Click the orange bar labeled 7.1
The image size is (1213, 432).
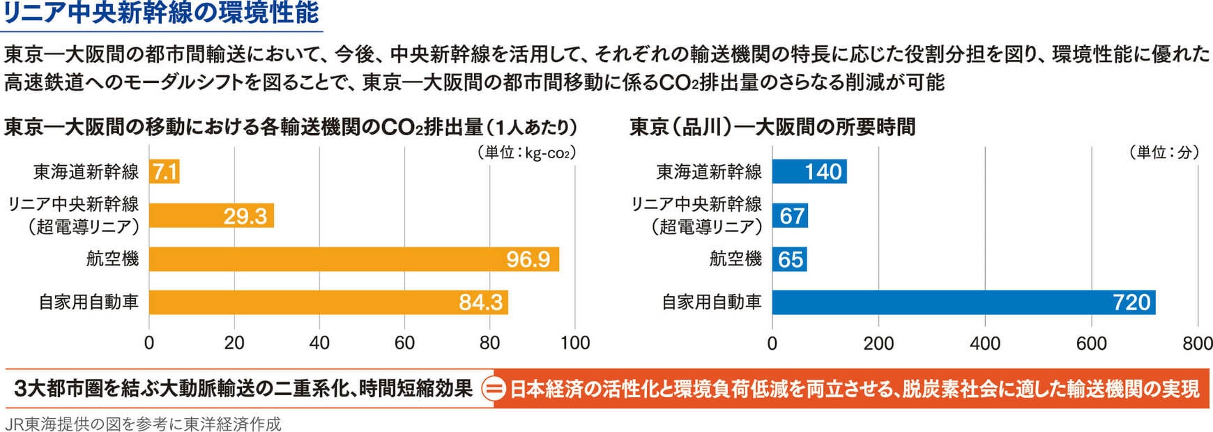[165, 171]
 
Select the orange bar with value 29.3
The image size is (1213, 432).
[211, 215]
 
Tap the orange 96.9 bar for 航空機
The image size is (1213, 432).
[353, 259]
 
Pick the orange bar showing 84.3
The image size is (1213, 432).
[328, 302]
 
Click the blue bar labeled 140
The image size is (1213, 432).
[809, 171]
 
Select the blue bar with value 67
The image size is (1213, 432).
[790, 215]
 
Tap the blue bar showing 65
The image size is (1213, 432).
[789, 259]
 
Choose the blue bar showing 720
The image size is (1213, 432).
[963, 302]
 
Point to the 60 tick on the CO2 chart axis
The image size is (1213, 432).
[404, 343]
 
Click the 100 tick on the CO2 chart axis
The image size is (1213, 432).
[575, 343]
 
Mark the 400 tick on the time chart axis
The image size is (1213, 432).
[985, 343]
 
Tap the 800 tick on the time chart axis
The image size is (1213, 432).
[1198, 343]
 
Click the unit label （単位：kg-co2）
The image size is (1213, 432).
[526, 153]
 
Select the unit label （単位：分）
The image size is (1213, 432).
[1164, 153]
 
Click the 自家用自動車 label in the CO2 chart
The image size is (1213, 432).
[89, 302]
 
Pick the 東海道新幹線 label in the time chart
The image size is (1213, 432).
[709, 171]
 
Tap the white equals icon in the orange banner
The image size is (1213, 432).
[494, 389]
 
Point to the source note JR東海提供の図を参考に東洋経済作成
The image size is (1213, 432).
[143, 424]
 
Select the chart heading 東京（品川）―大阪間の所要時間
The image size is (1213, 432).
[772, 127]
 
